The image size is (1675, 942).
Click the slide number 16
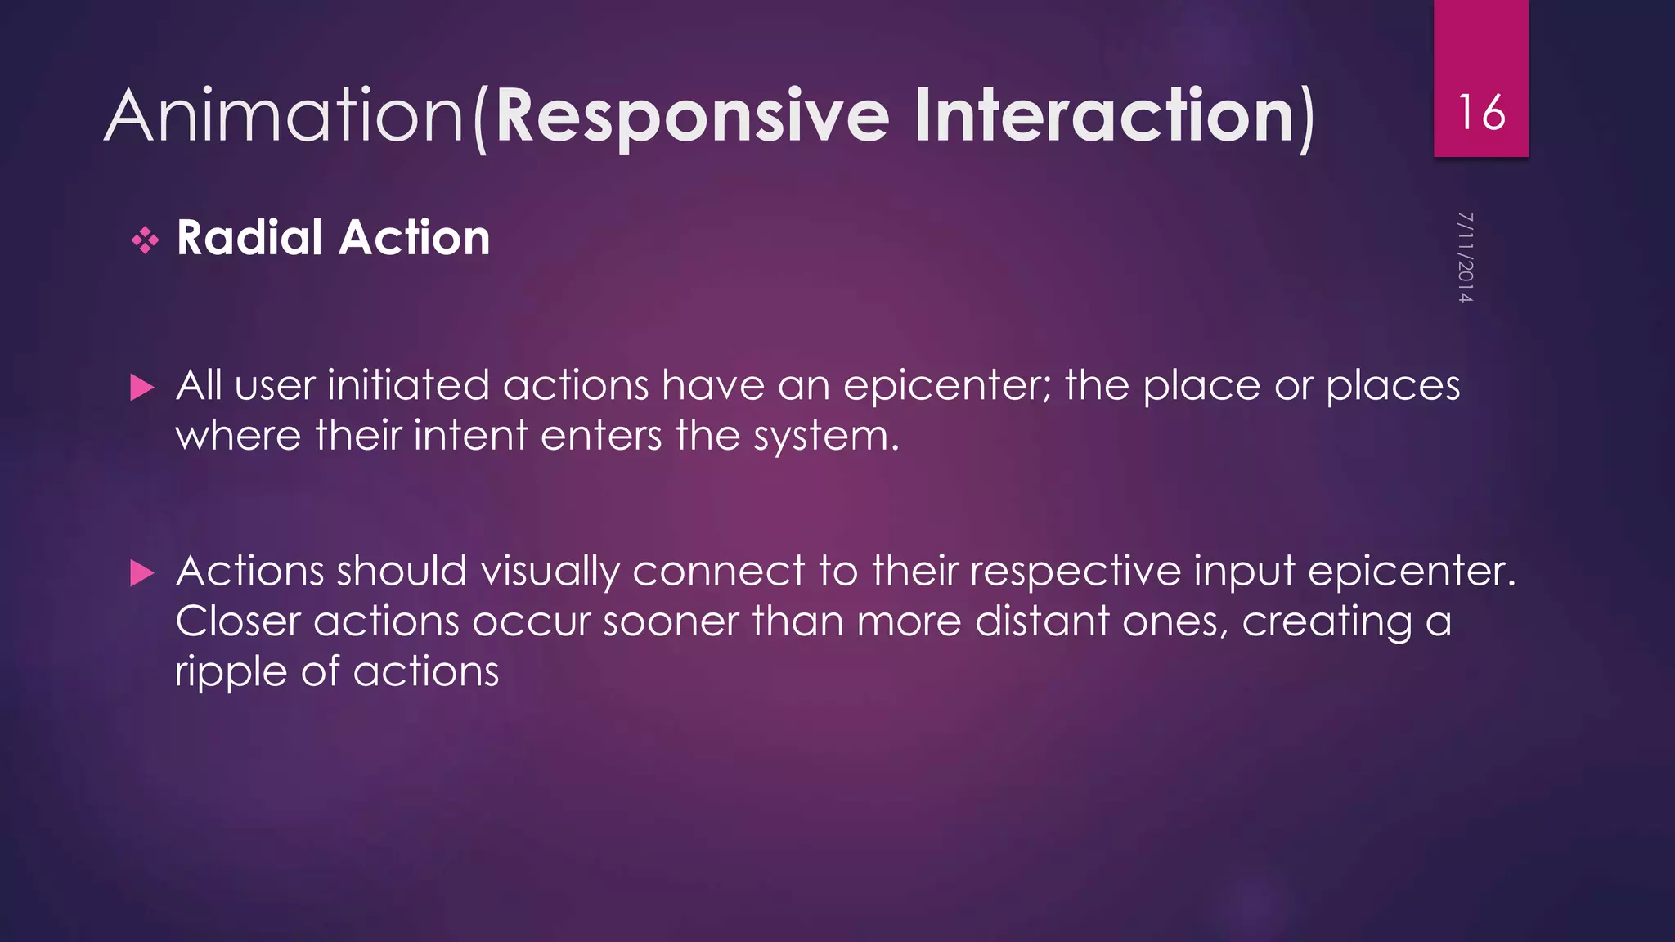(x=1480, y=113)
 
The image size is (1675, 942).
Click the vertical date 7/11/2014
(x=1465, y=258)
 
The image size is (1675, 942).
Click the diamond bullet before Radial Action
(x=146, y=240)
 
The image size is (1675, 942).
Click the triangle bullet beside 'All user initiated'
(x=142, y=388)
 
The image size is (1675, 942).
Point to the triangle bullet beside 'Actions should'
(x=142, y=573)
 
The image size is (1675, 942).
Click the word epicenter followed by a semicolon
(x=947, y=387)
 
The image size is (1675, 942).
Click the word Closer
(x=238, y=621)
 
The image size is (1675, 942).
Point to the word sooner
(x=671, y=621)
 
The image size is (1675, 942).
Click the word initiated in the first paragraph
(x=408, y=386)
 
